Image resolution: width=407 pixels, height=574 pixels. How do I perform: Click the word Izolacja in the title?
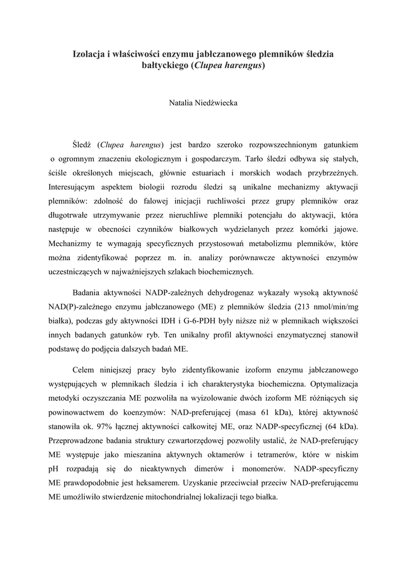click(90, 54)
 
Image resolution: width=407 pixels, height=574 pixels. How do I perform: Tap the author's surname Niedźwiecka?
click(218, 104)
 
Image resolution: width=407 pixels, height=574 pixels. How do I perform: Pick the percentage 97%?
click(115, 427)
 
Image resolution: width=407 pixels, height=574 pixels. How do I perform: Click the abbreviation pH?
click(54, 469)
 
